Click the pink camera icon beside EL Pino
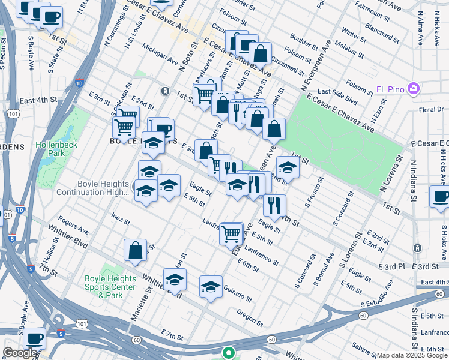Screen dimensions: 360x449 [413, 89]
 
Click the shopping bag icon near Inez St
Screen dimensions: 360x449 [135, 250]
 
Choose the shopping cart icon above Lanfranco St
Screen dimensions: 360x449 [231, 233]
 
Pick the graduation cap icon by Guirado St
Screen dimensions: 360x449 [211, 287]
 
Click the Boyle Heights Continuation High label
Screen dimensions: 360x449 [93, 188]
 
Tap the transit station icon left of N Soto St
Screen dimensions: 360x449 [164, 91]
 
